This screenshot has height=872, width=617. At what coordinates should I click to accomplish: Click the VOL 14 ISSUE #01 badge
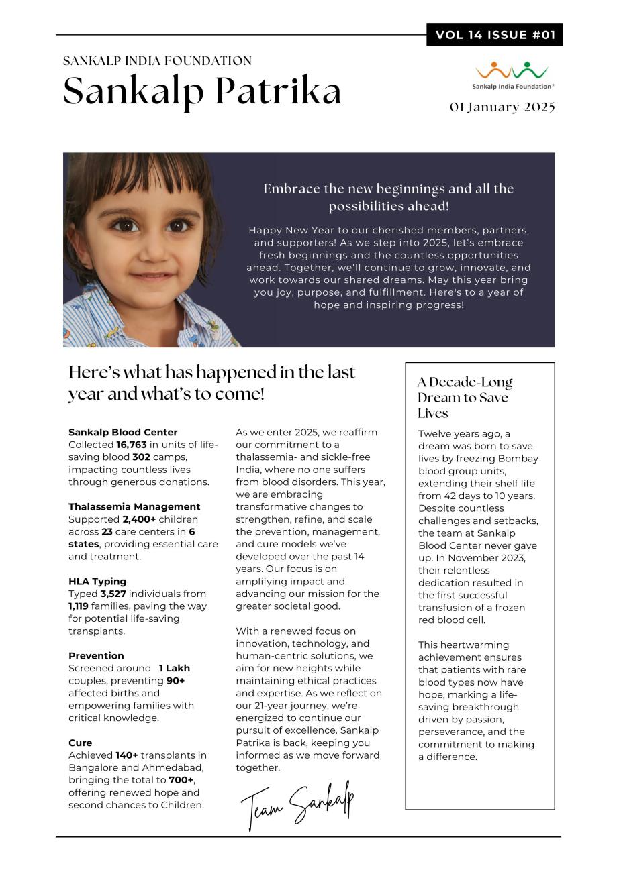495,35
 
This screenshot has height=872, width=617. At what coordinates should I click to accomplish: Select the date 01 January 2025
502,107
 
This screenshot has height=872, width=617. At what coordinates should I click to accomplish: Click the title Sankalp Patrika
202,91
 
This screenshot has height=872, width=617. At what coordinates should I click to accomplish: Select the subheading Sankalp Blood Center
123,433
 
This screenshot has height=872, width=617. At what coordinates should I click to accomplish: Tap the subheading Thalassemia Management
134,507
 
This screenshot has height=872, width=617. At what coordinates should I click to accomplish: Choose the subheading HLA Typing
97,582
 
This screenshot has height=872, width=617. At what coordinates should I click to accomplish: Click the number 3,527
113,594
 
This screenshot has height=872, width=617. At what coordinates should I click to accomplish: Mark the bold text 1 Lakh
175,668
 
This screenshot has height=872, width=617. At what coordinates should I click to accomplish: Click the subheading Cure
81,743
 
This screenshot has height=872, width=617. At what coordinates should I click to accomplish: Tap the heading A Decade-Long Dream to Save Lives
465,398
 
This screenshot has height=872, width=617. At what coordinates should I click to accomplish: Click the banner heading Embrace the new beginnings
389,197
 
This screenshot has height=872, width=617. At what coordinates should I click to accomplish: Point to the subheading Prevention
96,656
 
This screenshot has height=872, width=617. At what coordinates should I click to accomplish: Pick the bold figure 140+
126,755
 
